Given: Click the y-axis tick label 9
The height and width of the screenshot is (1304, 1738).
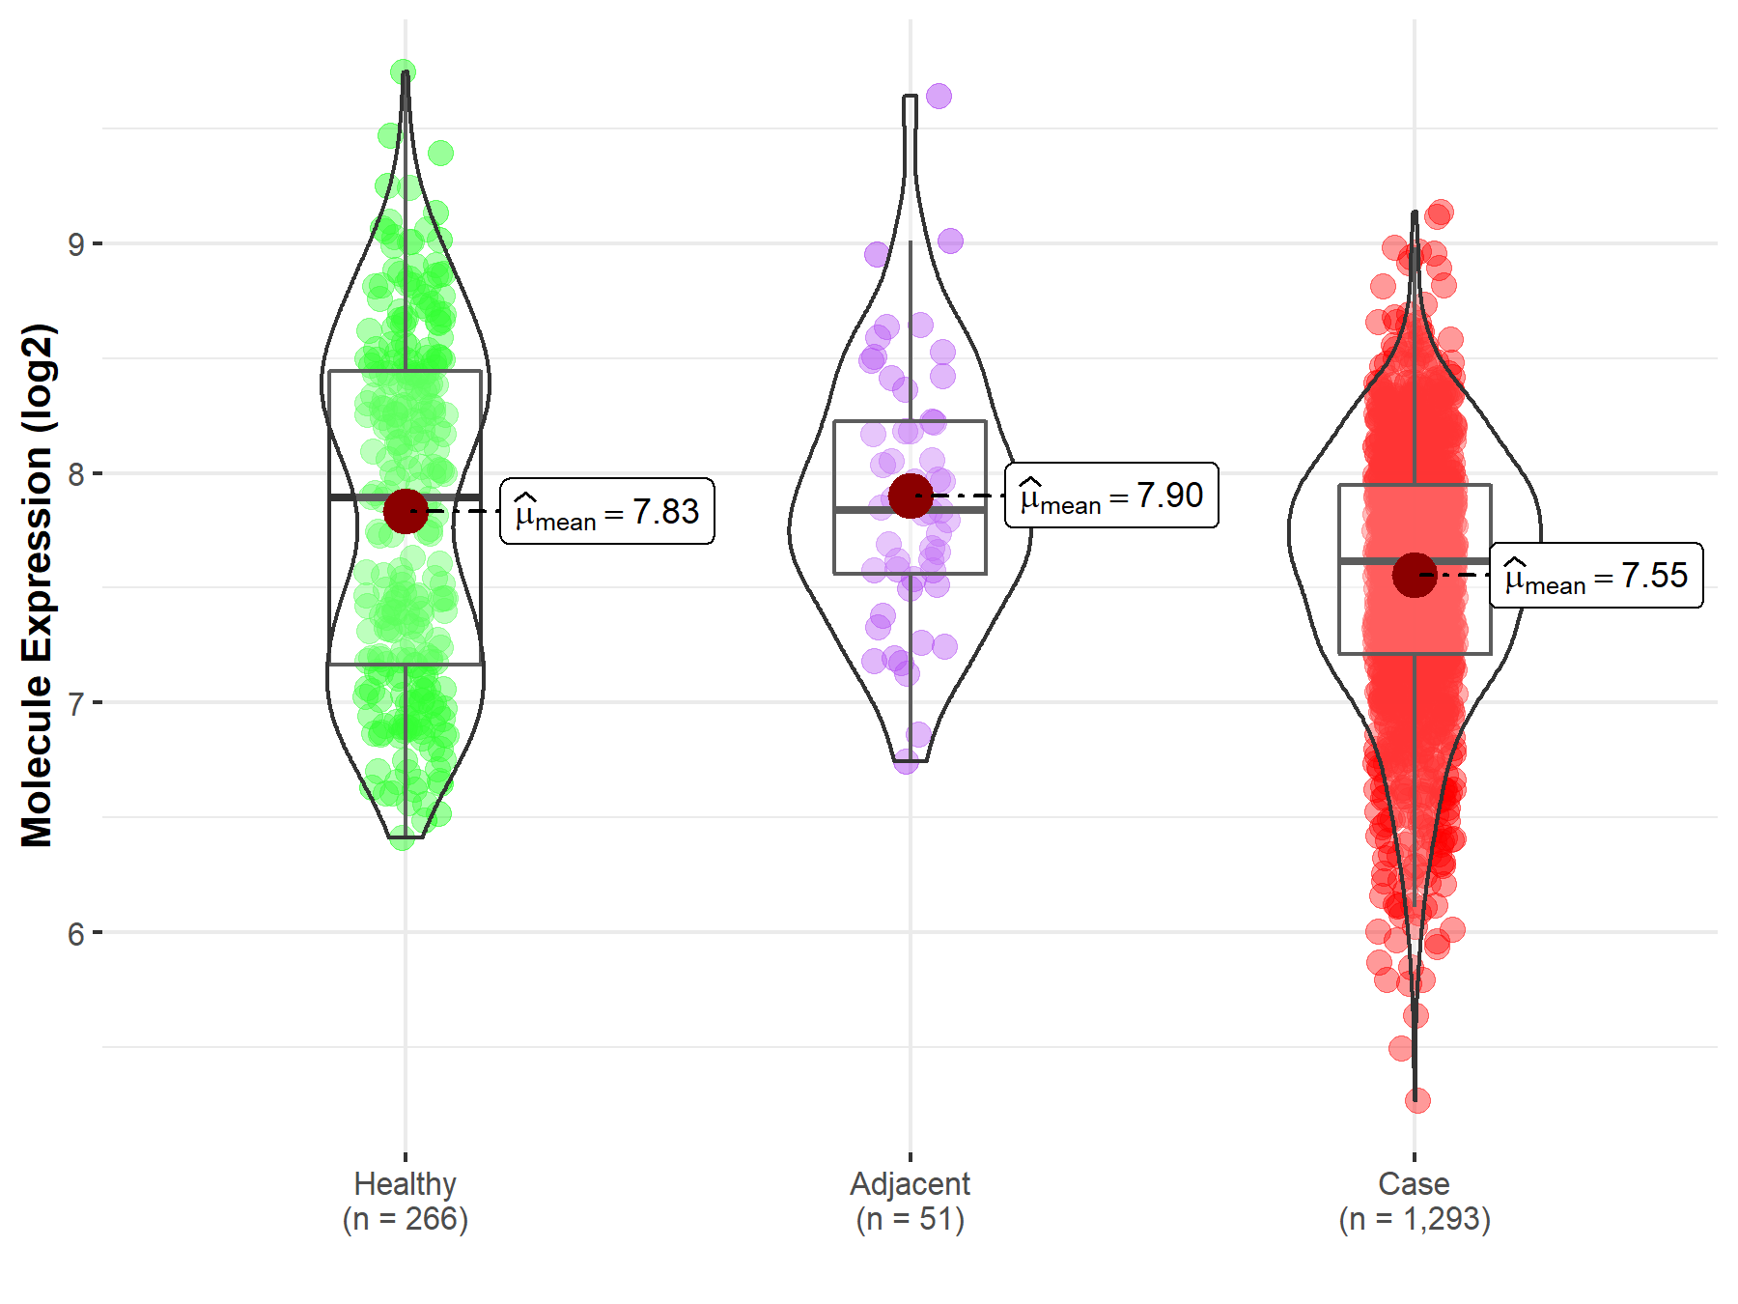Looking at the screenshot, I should (x=76, y=244).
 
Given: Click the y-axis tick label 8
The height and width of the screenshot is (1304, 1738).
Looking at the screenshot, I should (x=76, y=474).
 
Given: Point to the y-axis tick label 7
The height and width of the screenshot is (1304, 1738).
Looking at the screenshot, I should (x=76, y=703).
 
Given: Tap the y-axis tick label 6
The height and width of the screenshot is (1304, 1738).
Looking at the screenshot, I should (x=76, y=934).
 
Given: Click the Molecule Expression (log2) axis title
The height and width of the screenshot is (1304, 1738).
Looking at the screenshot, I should (x=37, y=585).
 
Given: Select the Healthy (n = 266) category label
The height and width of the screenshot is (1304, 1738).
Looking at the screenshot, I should (x=405, y=1201).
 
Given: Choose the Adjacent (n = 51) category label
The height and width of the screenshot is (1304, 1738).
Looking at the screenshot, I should (x=910, y=1201).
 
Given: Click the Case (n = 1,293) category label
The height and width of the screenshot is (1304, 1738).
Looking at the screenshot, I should (x=1415, y=1201).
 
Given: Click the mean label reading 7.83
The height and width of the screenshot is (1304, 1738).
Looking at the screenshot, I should (x=607, y=512).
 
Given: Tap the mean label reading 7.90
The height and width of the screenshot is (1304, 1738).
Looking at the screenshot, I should (x=1111, y=496).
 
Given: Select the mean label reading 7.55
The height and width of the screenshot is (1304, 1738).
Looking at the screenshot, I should (x=1596, y=576).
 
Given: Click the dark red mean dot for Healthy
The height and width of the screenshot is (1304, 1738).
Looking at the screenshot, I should (x=406, y=511).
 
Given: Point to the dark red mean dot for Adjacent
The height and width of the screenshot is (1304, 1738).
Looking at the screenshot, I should (x=911, y=496).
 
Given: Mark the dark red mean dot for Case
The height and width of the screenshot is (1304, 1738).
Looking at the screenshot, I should (x=1415, y=576).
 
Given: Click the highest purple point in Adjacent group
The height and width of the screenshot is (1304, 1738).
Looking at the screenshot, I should (x=939, y=96).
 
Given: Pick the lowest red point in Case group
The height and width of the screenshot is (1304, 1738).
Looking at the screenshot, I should (x=1417, y=1100).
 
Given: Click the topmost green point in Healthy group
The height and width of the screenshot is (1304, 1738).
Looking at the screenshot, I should (x=404, y=71).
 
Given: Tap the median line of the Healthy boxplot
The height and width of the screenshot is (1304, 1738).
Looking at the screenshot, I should (x=367, y=496).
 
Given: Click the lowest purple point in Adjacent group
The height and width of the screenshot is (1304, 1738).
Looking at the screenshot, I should (x=906, y=761).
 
